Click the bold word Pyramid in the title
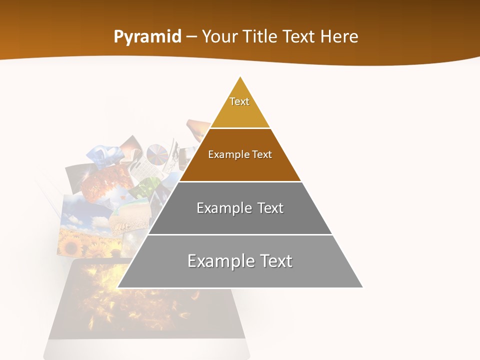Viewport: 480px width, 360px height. [x=147, y=37]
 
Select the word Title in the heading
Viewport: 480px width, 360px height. [x=262, y=37]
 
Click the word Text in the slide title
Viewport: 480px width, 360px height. [x=300, y=37]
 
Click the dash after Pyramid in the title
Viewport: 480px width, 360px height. [x=191, y=37]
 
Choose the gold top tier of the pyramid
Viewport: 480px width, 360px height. [x=240, y=112]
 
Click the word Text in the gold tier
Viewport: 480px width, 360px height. [x=239, y=101]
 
